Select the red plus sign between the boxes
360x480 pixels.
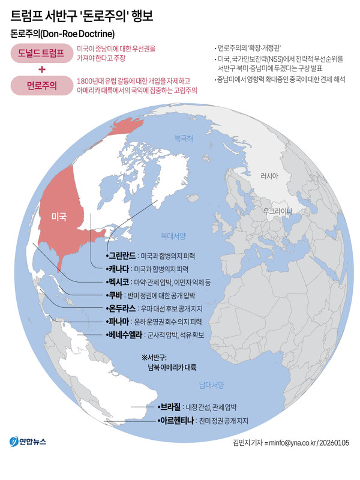point(41,70)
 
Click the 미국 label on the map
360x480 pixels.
point(59,216)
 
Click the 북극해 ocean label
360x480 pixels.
point(184,138)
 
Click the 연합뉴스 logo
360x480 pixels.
point(28,442)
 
